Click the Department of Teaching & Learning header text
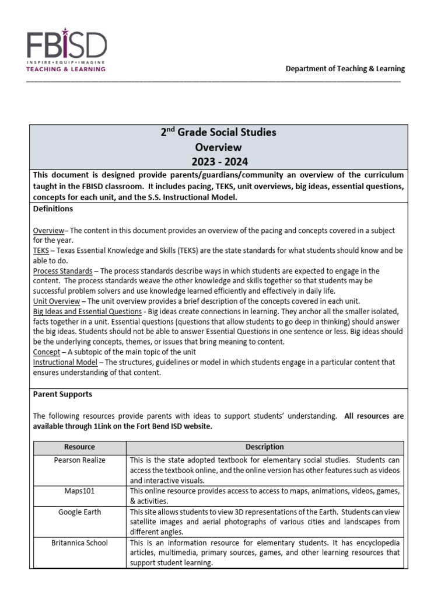click(345, 68)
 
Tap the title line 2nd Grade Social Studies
click(218, 133)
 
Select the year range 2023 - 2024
click(218, 162)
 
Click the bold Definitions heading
click(53, 208)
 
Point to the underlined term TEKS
click(41, 251)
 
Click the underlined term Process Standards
click(62, 271)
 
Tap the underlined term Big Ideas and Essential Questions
click(87, 311)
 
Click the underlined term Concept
click(46, 352)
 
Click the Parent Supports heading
click(62, 394)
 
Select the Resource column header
click(79, 447)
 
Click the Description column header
click(265, 447)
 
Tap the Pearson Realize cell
click(79, 460)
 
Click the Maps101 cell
click(79, 491)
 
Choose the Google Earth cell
click(79, 512)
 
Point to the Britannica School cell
click(79, 543)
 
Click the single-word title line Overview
click(218, 147)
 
